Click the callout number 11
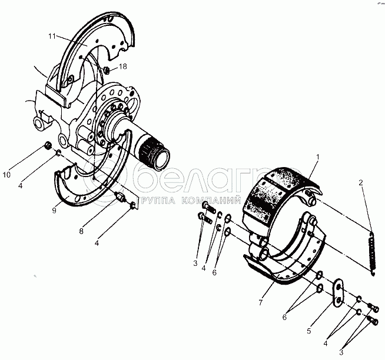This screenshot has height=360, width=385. click(x=52, y=36)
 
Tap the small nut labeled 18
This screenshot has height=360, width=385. click(x=105, y=71)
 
